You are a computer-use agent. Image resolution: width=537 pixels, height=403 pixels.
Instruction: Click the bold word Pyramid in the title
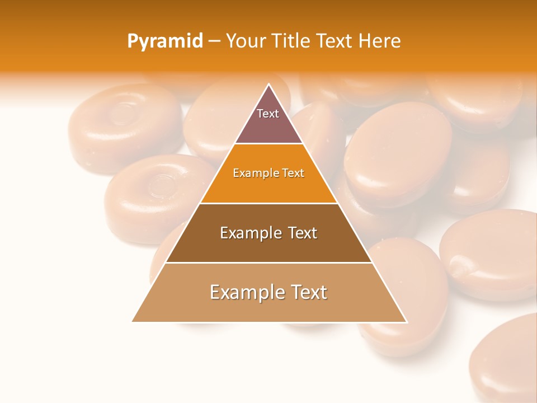[x=165, y=41]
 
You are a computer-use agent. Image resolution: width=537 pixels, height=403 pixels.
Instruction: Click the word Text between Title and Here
[x=335, y=41]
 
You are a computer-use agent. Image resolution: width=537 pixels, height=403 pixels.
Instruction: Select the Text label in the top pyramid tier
[x=268, y=114]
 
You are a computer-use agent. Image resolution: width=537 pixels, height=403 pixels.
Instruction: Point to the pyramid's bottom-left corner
[x=133, y=321]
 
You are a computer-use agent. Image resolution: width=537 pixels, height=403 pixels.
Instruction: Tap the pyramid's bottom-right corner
[x=406, y=321]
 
